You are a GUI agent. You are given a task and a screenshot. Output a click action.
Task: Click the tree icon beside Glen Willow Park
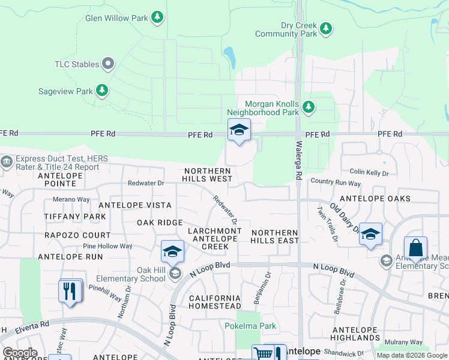pos(157,17)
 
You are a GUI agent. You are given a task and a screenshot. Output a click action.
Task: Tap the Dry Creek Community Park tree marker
pos(326,28)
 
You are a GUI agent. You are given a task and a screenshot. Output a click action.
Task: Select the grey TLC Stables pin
pos(109,63)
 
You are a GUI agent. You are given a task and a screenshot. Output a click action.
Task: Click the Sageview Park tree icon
pos(103,91)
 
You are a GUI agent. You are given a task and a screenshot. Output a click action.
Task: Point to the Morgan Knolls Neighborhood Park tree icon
pos(309,107)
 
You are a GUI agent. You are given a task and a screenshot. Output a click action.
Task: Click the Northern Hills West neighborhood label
pos(208,175)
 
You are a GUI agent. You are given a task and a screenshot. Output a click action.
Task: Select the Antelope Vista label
pos(134,205)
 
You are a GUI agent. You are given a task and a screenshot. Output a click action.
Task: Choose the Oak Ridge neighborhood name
pos(160,223)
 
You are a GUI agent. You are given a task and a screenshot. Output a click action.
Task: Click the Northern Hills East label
pos(275,236)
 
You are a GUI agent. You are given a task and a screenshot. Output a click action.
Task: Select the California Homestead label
pos(215,302)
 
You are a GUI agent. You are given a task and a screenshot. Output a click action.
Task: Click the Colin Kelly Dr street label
pos(369,173)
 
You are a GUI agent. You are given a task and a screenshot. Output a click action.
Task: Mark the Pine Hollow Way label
pos(107,246)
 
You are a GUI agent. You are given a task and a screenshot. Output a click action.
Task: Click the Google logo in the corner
pos(20,353)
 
